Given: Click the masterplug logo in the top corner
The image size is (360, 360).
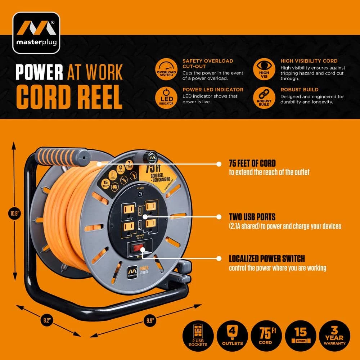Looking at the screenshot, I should click(x=36, y=33).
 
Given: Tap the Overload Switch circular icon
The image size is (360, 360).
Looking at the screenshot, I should click(x=166, y=69).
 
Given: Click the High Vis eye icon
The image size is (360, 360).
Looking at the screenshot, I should click(x=264, y=69).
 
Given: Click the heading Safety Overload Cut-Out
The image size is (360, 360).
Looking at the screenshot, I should click(x=208, y=64).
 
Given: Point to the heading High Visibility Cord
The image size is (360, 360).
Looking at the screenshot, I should click(x=309, y=61).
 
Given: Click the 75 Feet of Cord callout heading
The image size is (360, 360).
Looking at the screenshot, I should click(x=257, y=163).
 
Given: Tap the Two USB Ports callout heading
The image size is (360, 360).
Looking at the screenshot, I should click(x=252, y=217).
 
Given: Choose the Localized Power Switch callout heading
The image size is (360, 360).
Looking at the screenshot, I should click(x=267, y=258).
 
